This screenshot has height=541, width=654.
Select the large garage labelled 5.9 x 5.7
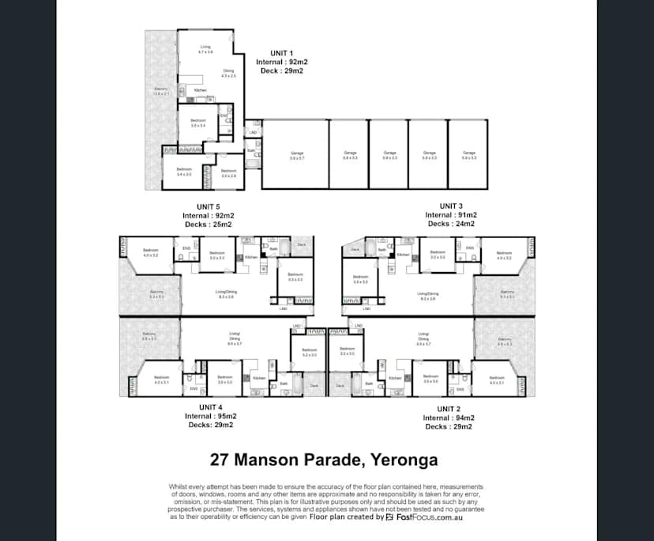click(x=296, y=155)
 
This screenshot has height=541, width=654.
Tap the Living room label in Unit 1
click(x=205, y=49)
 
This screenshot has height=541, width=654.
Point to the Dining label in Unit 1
click(x=227, y=73)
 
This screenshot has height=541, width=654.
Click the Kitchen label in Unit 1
click(x=201, y=90)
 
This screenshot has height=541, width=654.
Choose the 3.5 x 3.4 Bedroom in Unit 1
click(x=197, y=123)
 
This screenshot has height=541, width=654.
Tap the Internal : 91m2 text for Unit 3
click(x=451, y=215)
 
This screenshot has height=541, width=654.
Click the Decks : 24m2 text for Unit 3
click(x=451, y=224)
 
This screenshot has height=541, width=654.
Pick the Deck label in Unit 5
click(x=301, y=245)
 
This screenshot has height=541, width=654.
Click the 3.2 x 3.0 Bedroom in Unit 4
click(x=309, y=351)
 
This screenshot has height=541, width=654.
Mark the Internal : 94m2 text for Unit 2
click(x=448, y=418)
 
